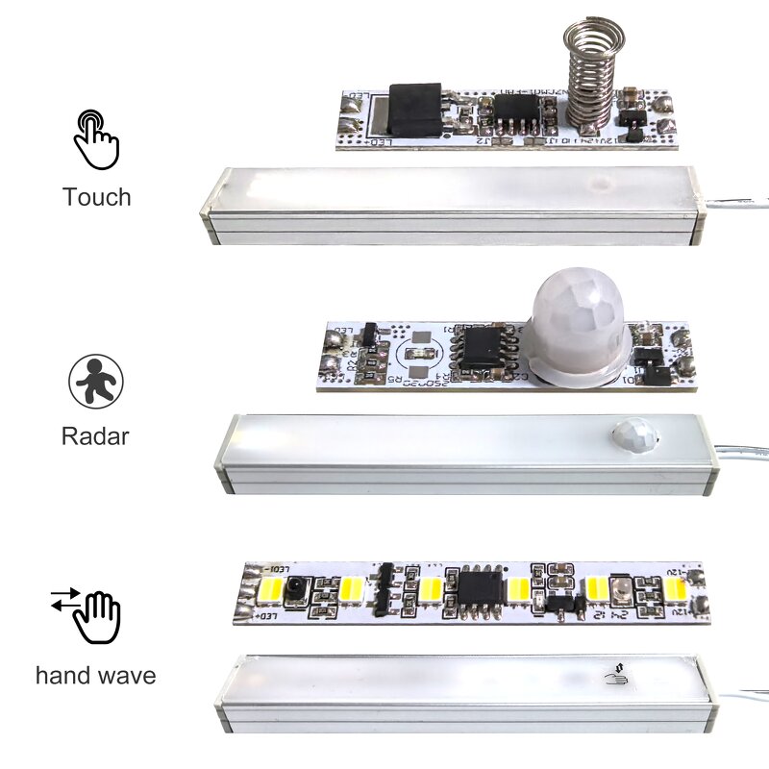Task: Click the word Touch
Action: click(x=96, y=197)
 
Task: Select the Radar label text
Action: click(x=95, y=435)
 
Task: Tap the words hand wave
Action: click(x=95, y=675)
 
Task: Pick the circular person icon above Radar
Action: click(x=96, y=380)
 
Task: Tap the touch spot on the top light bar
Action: click(x=602, y=182)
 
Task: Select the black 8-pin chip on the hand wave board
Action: click(x=480, y=587)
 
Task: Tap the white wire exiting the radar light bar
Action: click(x=740, y=450)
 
